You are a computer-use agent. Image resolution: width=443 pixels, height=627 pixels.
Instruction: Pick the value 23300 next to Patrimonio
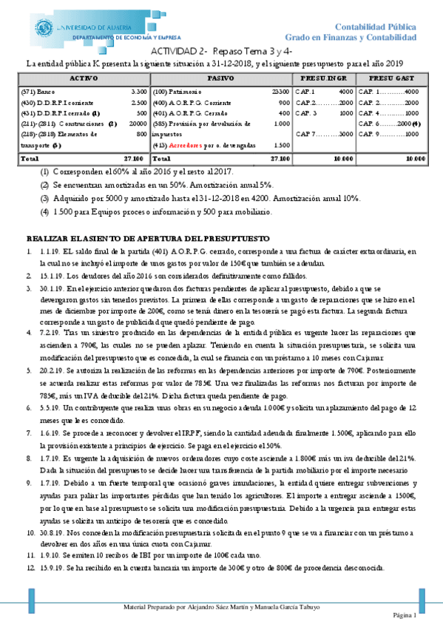tap(280, 91)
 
